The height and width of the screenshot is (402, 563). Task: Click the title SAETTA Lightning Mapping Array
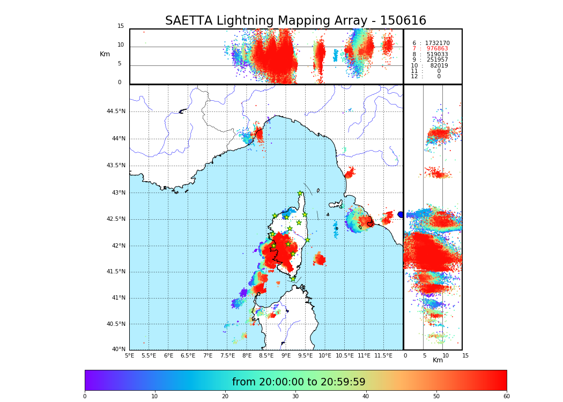pyautogui.click(x=295, y=21)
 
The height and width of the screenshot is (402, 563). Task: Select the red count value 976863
pyautogui.click(x=437, y=49)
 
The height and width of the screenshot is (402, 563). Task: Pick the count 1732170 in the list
pyautogui.click(x=437, y=43)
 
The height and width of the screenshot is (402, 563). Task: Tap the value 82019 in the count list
pyautogui.click(x=439, y=65)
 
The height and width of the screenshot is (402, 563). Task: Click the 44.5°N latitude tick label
pyautogui.click(x=116, y=111)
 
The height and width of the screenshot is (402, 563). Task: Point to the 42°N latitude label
pyautogui.click(x=118, y=246)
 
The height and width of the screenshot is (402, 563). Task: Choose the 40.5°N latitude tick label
pyautogui.click(x=116, y=324)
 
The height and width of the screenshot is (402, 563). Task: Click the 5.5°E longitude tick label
pyautogui.click(x=149, y=355)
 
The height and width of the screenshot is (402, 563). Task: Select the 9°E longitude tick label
pyautogui.click(x=286, y=355)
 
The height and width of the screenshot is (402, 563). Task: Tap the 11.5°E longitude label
pyautogui.click(x=383, y=355)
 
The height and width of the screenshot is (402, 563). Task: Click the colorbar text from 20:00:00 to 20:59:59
pyautogui.click(x=299, y=382)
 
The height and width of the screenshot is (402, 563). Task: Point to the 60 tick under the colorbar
pyautogui.click(x=506, y=396)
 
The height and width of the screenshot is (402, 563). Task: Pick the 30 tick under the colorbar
pyautogui.click(x=295, y=396)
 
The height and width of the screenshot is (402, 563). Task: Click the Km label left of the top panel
pyautogui.click(x=105, y=54)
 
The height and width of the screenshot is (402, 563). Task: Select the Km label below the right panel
pyautogui.click(x=438, y=360)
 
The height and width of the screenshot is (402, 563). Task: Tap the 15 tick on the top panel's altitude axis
pyautogui.click(x=121, y=26)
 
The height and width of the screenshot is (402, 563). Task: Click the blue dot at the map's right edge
pyautogui.click(x=401, y=214)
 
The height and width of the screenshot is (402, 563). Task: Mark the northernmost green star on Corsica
pyautogui.click(x=300, y=193)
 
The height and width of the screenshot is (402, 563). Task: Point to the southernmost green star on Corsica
pyautogui.click(x=293, y=279)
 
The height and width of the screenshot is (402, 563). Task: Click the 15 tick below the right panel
pyautogui.click(x=465, y=355)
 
